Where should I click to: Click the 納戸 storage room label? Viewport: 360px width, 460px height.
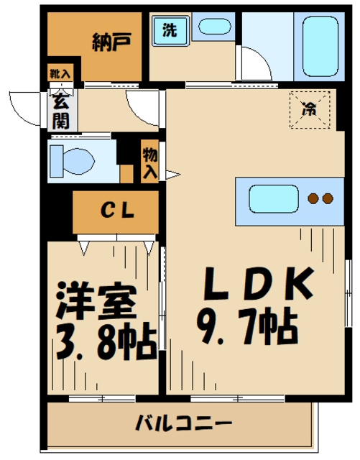coord(106,42)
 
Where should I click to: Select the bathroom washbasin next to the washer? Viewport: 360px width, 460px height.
coord(212,27)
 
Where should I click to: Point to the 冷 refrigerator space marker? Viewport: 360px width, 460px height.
coord(310,110)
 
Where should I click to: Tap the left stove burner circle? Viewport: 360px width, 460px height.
coord(313,196)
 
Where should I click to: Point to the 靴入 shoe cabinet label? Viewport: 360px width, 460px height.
coord(59,74)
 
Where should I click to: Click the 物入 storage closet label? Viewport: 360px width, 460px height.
coord(149,163)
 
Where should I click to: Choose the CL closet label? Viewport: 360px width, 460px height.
coord(116,211)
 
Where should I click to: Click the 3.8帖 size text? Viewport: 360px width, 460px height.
coord(106,344)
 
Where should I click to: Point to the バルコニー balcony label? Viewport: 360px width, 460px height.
coord(183,423)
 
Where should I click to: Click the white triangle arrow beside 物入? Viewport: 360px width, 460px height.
coord(170,173)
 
